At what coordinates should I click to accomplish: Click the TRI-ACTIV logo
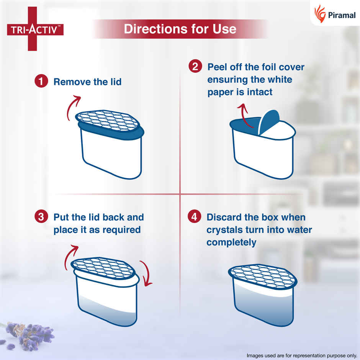point(35,29)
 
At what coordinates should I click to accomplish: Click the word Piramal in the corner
point(342,15)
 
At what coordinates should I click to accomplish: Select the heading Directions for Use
point(180,29)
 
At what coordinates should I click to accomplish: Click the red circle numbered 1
point(41,82)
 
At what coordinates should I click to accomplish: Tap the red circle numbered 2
point(195,67)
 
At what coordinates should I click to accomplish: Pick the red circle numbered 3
point(41,217)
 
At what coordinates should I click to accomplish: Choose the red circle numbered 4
point(194,217)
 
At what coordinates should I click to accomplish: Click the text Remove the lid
point(87,82)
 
